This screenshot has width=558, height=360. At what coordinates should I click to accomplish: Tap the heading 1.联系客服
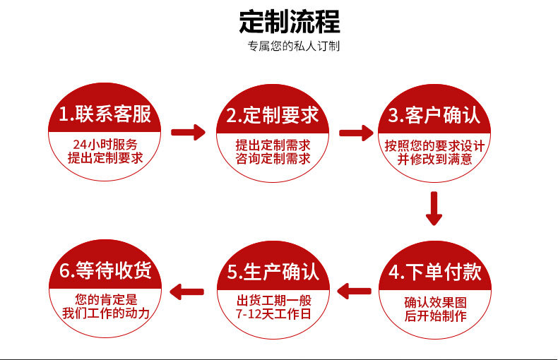pos(105,114)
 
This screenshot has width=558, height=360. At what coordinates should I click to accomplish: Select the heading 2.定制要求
pos(273,114)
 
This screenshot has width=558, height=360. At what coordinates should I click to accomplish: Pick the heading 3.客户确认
pos(434,114)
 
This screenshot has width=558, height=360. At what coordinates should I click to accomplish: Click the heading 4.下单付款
pos(434,272)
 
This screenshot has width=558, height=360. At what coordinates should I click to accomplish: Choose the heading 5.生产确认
pos(273,272)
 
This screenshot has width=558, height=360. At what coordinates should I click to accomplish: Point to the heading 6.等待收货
pos(105,272)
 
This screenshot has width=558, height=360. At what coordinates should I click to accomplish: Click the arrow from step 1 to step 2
pos(188,132)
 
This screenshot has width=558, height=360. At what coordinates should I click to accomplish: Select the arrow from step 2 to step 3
pos(356,132)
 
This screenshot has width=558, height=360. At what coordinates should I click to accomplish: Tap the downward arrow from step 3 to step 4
pos(434,209)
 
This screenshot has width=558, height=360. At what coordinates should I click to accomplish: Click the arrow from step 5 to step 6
pos(188,289)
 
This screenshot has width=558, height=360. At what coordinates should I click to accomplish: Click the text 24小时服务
pos(105,144)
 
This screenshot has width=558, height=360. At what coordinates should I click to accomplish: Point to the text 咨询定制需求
pos(273,159)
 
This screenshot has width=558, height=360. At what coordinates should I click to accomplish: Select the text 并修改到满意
pos(434,160)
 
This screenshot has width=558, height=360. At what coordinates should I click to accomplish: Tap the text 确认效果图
pos(435,301)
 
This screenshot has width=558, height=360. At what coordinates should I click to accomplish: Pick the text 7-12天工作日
pos(273,314)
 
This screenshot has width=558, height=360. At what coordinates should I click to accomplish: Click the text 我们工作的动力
pos(105,313)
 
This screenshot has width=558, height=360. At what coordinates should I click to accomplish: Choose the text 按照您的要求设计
pos(434,145)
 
